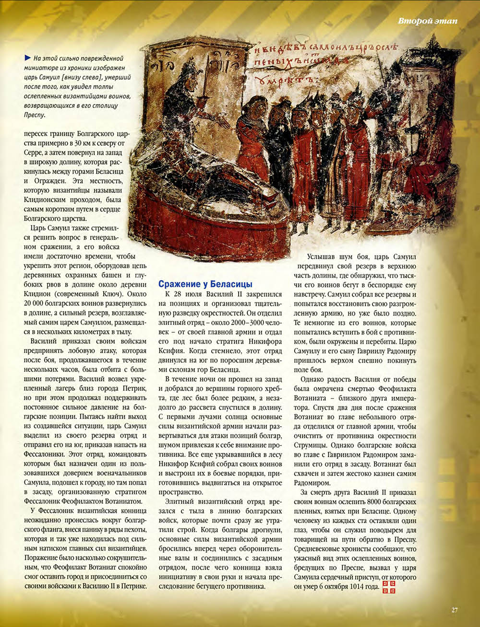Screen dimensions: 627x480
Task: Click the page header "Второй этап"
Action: pos(427,21)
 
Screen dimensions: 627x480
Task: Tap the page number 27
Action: pos(454,610)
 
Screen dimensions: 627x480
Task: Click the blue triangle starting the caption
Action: pos(27,58)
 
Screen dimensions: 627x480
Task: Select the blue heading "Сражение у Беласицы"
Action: pos(205,284)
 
